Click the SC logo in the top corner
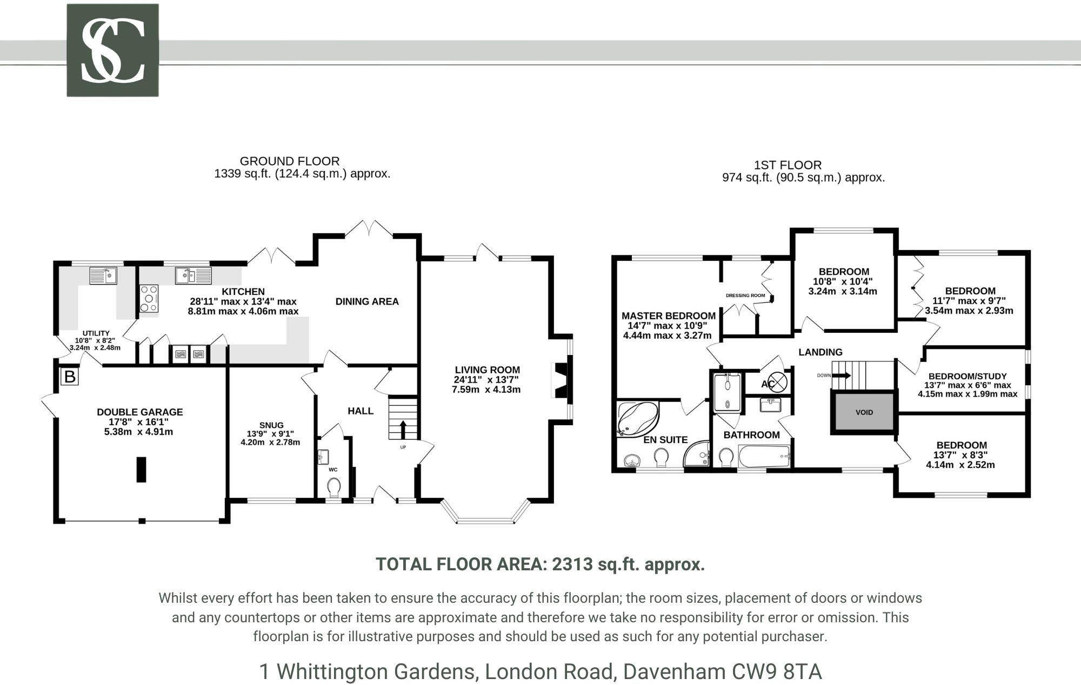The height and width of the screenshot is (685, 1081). coord(112,50)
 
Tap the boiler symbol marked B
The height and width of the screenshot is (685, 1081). coord(70,377)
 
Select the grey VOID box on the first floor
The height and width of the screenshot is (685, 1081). coord(864,412)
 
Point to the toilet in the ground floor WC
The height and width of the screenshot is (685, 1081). coord(334,487)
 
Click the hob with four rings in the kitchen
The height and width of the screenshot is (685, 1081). coord(149,299)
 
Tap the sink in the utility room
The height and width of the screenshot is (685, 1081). coord(104,276)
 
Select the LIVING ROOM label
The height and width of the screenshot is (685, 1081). coord(487,370)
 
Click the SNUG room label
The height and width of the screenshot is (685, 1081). coord(271,425)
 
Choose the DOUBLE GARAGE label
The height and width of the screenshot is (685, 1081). coord(139,412)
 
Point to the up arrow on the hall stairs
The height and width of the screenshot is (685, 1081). coord(403,430)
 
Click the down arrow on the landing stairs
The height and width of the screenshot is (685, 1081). coord(844,376)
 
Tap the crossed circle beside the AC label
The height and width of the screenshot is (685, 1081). coord(777,383)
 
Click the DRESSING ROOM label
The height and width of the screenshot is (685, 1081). coord(745,295)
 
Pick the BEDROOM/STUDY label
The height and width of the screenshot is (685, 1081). coord(967,376)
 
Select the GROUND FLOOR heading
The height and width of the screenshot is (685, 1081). coord(290,161)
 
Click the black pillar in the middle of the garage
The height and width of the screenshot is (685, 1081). coord(141,469)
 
